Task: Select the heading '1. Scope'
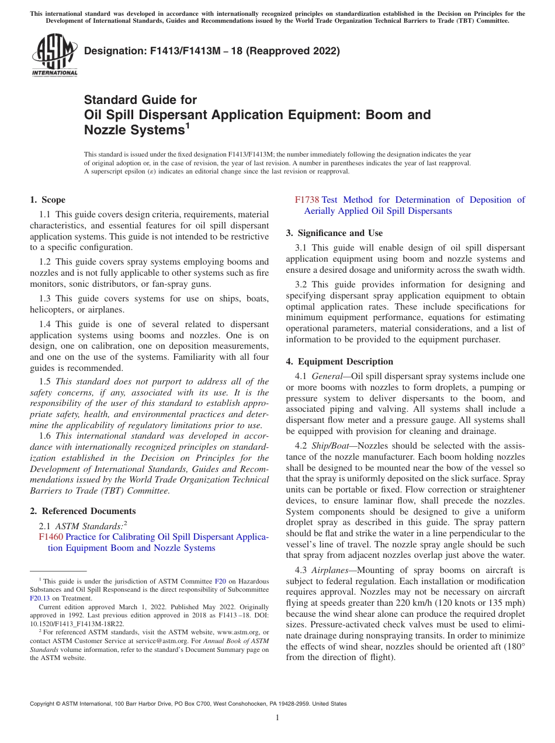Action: coord(48,200)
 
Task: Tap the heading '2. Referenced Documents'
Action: coord(82,511)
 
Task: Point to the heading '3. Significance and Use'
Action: coord(334,233)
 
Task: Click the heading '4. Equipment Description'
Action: coord(339,362)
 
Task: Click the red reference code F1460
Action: coord(51,537)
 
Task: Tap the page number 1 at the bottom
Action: coord(277,718)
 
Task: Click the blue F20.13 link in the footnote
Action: coord(40,598)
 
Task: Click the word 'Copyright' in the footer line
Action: coord(44,704)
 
